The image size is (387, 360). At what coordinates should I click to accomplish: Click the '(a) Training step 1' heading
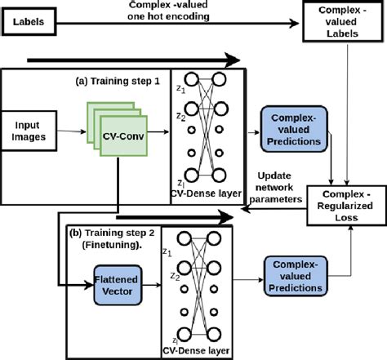point(118,82)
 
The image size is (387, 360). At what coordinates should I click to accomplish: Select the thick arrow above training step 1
point(135,60)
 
